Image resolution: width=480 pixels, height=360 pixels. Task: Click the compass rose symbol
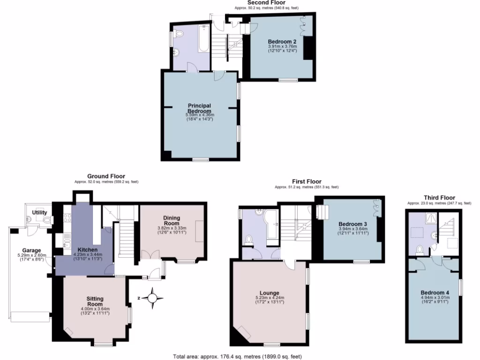(152, 298)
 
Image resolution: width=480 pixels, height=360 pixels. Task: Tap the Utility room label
(39, 212)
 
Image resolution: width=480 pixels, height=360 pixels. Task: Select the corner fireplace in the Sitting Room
(69, 333)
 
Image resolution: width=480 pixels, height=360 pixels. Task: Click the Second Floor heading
(266, 3)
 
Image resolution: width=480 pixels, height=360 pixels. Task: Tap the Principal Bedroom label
(200, 108)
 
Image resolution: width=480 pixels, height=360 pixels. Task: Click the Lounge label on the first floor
(270, 293)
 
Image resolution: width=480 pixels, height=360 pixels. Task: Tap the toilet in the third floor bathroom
(420, 249)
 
